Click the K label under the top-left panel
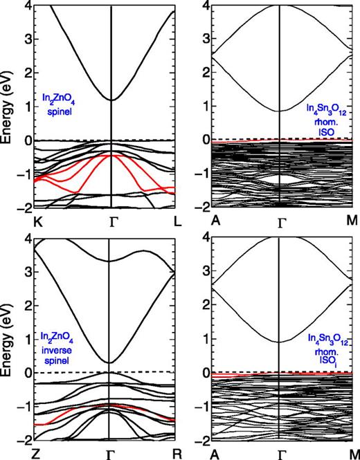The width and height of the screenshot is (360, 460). [37, 222]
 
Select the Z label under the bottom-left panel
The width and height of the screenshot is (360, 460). [37, 454]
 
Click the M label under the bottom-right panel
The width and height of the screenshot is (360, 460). [353, 454]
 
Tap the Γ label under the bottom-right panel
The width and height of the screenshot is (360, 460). [282, 454]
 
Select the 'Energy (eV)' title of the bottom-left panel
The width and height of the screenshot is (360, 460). [8, 339]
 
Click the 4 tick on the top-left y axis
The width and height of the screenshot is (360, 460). [25, 7]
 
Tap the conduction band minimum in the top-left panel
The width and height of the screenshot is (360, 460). [111, 100]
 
